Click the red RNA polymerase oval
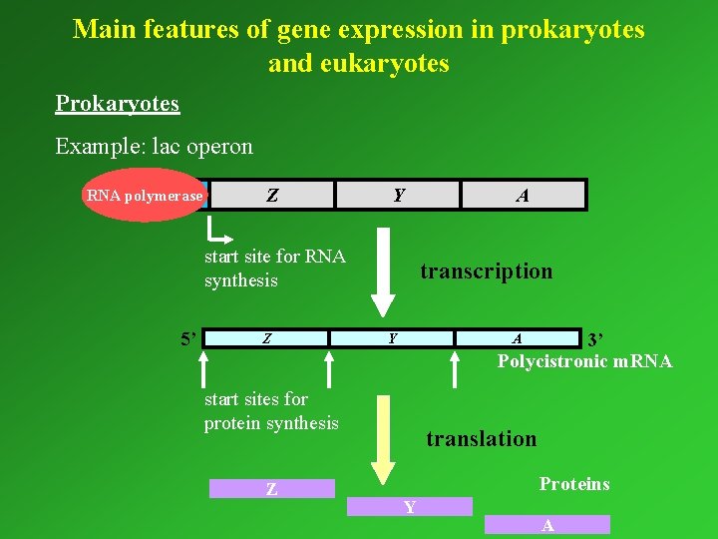click(145, 196)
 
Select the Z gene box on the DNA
click(271, 195)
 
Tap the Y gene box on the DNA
click(398, 195)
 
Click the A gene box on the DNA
click(523, 196)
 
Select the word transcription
click(486, 271)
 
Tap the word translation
click(481, 438)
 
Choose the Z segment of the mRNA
click(267, 338)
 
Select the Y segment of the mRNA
click(393, 338)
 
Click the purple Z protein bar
click(271, 489)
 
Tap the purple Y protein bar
click(409, 507)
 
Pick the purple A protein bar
click(546, 525)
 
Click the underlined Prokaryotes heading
click(118, 104)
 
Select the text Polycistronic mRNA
click(584, 360)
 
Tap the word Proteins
click(574, 484)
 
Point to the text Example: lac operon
click(155, 147)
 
